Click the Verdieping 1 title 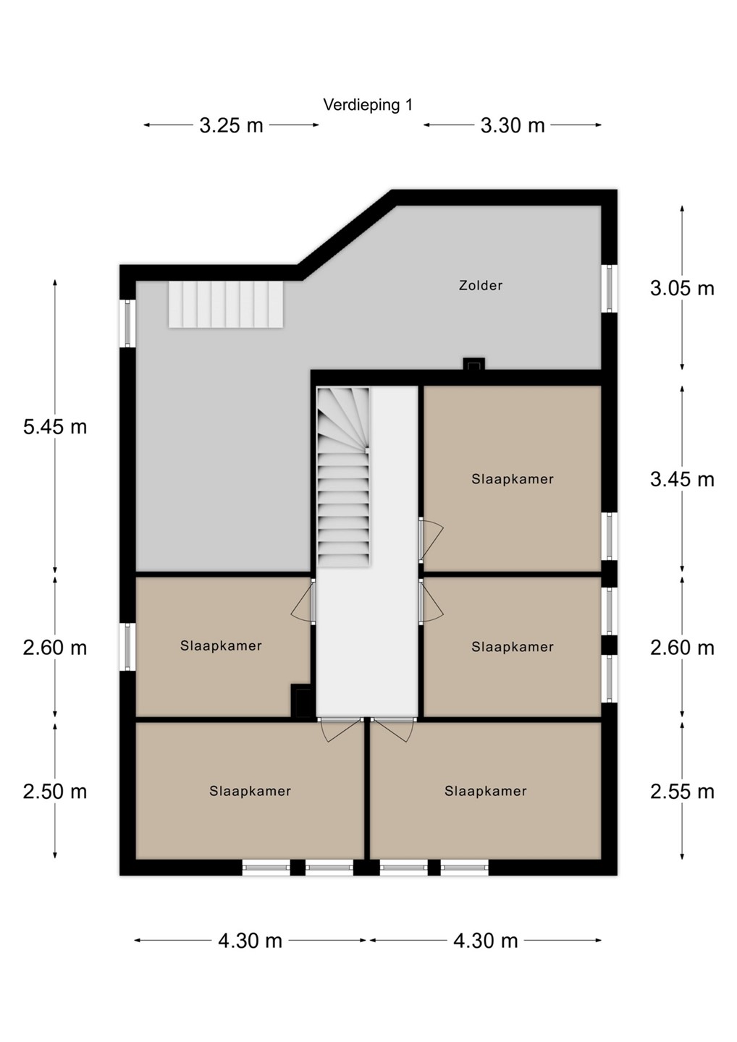click(x=368, y=105)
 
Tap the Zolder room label click(x=481, y=285)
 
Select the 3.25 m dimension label click(x=231, y=125)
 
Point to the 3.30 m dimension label click(x=513, y=125)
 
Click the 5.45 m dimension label click(x=55, y=427)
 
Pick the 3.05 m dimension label click(x=682, y=289)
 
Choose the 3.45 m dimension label click(x=682, y=479)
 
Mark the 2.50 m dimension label click(x=55, y=792)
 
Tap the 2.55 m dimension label click(x=682, y=792)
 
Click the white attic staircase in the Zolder click(x=226, y=305)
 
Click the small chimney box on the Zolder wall click(x=473, y=364)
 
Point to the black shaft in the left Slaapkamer click(x=301, y=700)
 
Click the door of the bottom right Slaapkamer click(x=393, y=729)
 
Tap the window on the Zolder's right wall click(x=609, y=289)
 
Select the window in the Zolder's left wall click(x=127, y=323)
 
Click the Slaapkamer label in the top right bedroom click(x=513, y=479)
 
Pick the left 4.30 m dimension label click(x=250, y=941)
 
